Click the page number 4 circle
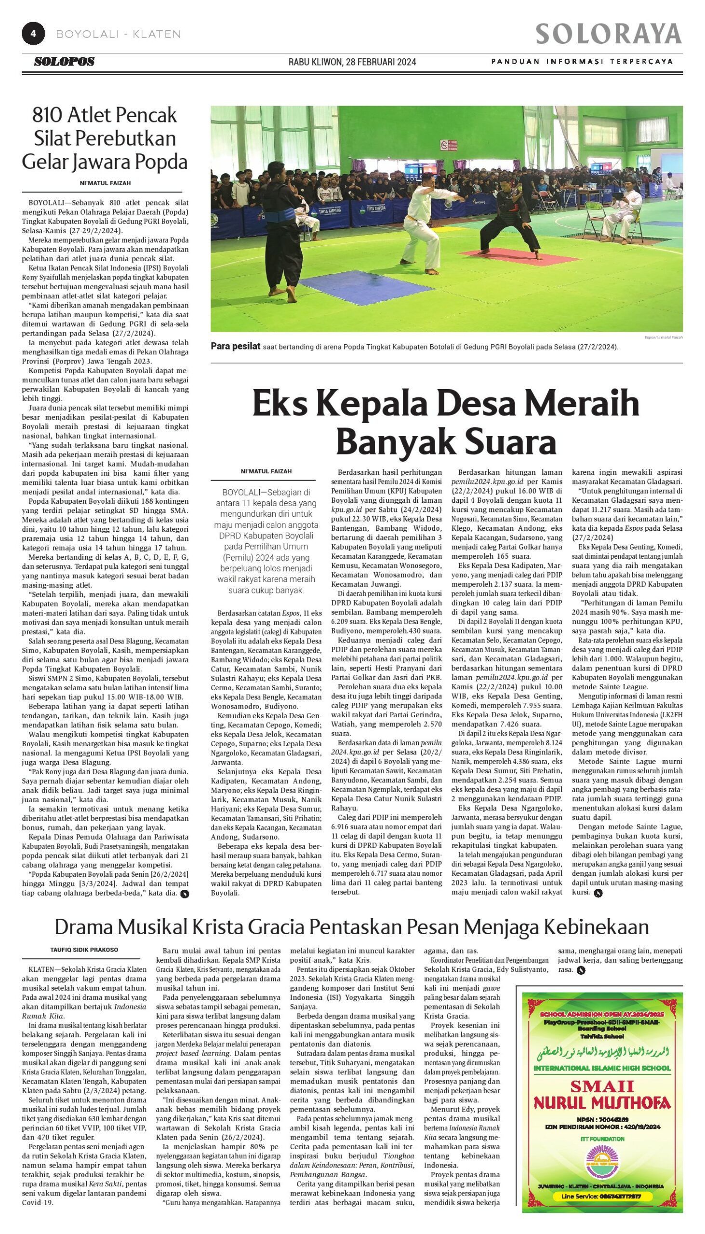pyautogui.click(x=33, y=34)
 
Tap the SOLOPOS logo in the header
pyautogui.click(x=64, y=62)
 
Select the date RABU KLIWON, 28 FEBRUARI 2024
pyautogui.click(x=352, y=62)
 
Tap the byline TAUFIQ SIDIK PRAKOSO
pyautogui.click(x=84, y=950)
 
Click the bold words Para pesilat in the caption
pyautogui.click(x=235, y=346)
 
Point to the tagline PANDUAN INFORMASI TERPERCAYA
pyautogui.click(x=582, y=62)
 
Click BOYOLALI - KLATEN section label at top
pyautogui.click(x=118, y=34)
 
